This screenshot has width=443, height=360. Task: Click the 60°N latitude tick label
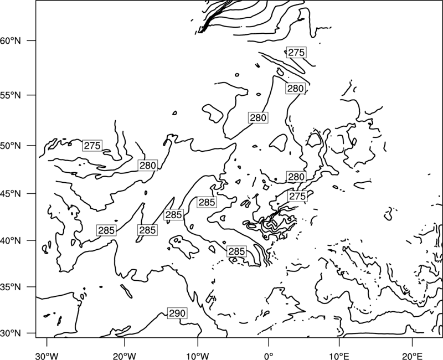(x=11, y=40)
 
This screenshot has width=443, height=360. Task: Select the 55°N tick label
(x=11, y=95)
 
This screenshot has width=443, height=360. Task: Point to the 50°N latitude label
(x=11, y=146)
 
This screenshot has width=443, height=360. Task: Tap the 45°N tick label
(x=11, y=193)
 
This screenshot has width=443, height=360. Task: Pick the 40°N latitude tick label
(x=11, y=241)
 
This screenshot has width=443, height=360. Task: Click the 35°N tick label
(x=11, y=287)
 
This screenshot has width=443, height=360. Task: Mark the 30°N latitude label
(x=11, y=333)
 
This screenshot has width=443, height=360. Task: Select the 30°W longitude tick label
(x=47, y=356)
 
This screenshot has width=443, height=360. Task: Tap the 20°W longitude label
(x=124, y=356)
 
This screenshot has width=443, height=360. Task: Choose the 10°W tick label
(x=198, y=356)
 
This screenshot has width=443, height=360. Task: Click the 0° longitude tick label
(x=269, y=356)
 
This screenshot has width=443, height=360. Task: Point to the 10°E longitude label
(x=339, y=356)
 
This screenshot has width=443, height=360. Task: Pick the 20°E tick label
(x=412, y=356)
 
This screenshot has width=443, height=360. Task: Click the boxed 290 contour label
(x=177, y=313)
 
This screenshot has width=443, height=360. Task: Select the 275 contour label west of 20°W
(x=92, y=145)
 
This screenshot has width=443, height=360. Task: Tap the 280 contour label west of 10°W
(x=148, y=165)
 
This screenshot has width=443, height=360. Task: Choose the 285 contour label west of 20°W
(x=106, y=230)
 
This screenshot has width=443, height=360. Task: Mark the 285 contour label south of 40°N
(x=236, y=251)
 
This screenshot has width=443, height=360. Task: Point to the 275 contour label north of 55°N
(x=296, y=52)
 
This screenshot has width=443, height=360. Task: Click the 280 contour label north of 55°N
(x=295, y=89)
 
